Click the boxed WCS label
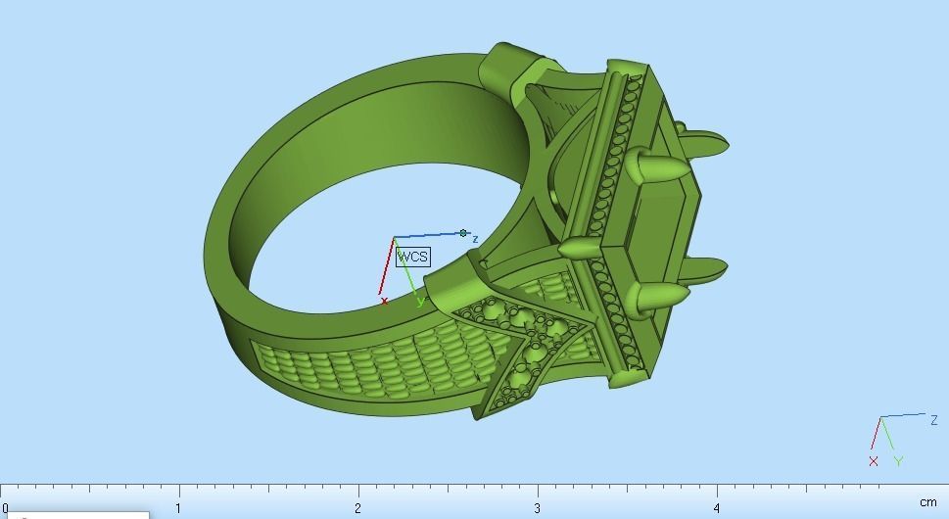click(412, 257)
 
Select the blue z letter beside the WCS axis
click(475, 239)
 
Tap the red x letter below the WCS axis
click(384, 302)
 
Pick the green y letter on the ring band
click(421, 302)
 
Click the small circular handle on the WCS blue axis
click(463, 233)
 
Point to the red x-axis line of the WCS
click(387, 265)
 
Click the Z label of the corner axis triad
click(933, 420)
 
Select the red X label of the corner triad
click(873, 461)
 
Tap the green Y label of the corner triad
click(898, 461)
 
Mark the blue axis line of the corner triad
click(903, 416)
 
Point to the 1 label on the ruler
click(177, 508)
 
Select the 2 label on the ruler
click(357, 508)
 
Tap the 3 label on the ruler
click(537, 508)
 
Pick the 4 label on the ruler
click(717, 508)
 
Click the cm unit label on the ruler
click(927, 502)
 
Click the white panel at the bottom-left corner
click(74, 514)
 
